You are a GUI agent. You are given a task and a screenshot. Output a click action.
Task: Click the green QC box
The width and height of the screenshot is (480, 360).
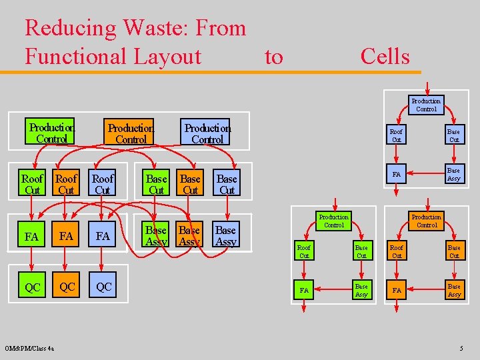pos(33,287)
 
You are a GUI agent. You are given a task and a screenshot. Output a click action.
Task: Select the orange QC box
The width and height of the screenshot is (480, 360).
pos(66,287)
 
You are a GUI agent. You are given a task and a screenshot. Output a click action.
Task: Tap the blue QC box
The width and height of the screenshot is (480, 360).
pos(103,287)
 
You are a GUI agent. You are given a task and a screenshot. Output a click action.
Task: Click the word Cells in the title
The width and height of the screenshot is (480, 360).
pos(385,57)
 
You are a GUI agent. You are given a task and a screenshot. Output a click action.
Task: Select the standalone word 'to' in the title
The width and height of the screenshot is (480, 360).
pos(273,57)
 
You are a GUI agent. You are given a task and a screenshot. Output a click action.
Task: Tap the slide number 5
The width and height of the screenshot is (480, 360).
pos(461,348)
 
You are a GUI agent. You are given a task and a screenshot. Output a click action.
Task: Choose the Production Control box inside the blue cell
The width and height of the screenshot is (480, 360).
pos(426,105)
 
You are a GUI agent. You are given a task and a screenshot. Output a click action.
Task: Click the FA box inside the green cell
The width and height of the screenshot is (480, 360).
pos(304,291)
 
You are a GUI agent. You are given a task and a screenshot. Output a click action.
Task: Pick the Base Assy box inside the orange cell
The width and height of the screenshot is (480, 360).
pos(454,291)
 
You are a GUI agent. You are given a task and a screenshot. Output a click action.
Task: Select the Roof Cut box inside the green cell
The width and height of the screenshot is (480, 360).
pos(304,252)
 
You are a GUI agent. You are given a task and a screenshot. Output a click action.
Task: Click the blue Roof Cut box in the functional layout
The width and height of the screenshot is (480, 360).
pos(103,184)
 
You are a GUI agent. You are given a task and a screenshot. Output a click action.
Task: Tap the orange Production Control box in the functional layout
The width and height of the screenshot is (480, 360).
pos(131,133)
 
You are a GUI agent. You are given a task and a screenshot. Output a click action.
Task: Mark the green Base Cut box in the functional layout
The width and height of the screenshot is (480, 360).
pos(157,184)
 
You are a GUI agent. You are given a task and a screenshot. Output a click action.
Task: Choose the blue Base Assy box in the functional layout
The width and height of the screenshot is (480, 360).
pos(226,236)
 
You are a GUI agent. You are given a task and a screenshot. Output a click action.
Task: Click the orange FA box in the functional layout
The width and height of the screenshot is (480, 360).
pos(66,236)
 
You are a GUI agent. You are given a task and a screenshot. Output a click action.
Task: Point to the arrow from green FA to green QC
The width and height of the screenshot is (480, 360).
pos(33,262)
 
